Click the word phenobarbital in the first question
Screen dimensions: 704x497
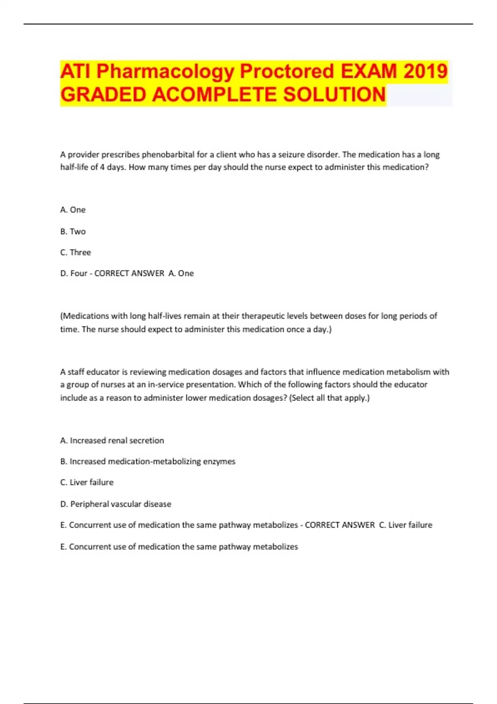168,154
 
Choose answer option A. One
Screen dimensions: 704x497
73,210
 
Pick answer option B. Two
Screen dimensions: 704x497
73,231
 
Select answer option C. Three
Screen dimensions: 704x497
75,252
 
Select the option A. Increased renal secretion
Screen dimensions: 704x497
112,441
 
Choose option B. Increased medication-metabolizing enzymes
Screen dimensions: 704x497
148,461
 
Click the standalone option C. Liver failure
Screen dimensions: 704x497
87,482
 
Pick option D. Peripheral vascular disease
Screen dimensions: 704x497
116,504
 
